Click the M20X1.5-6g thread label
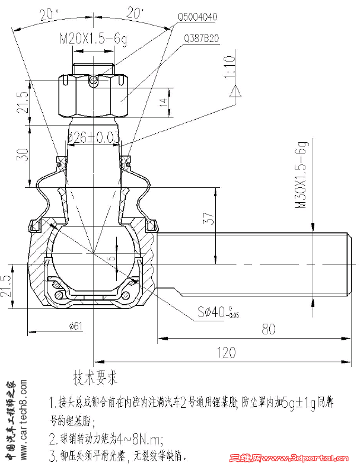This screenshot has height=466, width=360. [x=94, y=40]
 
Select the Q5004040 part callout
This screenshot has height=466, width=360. [x=197, y=16]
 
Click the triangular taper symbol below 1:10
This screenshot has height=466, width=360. [x=235, y=91]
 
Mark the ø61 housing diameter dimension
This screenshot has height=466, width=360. [x=75, y=324]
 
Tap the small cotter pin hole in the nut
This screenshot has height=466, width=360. [x=93, y=81]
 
